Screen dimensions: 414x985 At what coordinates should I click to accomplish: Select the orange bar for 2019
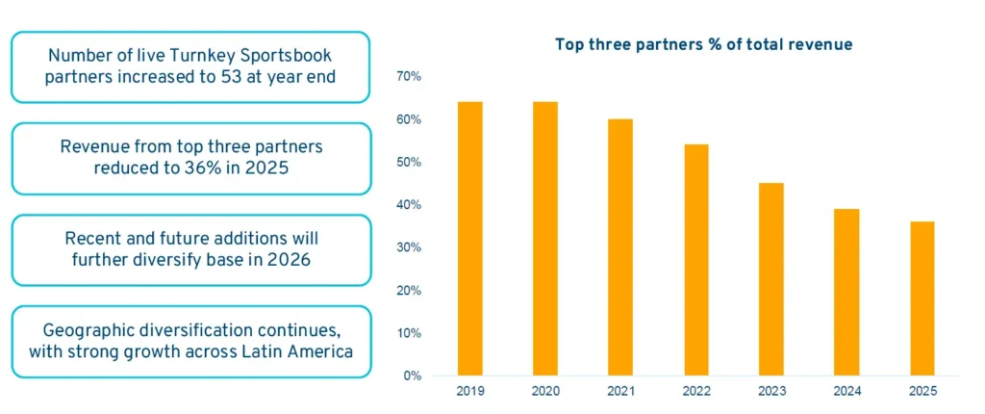point(469,238)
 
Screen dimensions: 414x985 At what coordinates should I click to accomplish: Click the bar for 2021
point(620,246)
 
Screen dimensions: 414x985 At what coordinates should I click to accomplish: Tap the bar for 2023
point(770,279)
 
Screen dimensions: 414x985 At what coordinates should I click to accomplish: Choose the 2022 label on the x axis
point(695,391)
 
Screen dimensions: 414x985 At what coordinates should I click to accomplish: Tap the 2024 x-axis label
point(846,391)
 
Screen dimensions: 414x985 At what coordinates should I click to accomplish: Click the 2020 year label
point(545,391)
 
